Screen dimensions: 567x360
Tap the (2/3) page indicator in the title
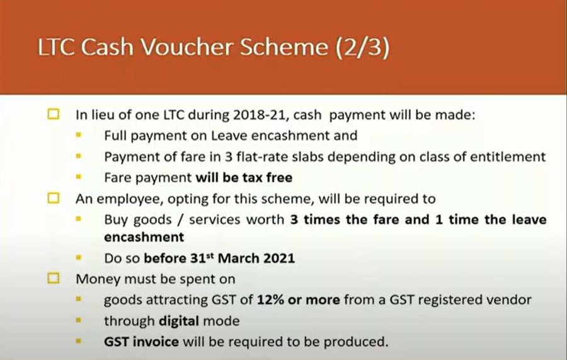tap(362, 48)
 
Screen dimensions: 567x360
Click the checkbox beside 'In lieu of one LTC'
tap(54, 114)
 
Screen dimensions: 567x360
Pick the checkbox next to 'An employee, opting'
tap(54, 198)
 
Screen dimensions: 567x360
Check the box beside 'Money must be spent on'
tap(54, 278)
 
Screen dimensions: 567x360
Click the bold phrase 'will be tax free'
tap(244, 178)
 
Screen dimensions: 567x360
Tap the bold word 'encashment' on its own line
tap(144, 237)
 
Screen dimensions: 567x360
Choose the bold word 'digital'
tap(179, 322)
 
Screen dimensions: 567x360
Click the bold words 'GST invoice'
tap(141, 342)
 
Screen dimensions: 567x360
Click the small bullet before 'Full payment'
tap(79, 136)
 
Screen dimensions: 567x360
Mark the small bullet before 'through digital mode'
tap(79, 320)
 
